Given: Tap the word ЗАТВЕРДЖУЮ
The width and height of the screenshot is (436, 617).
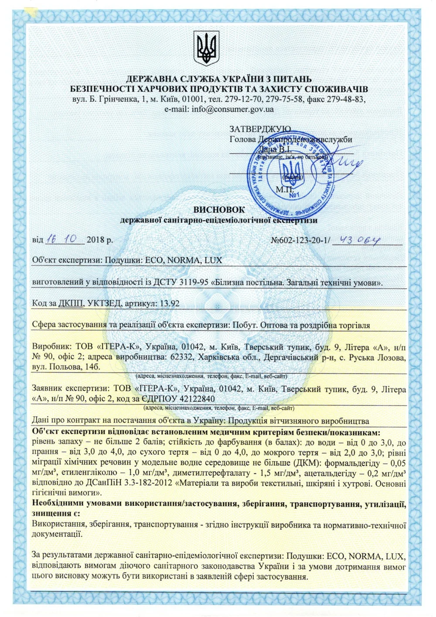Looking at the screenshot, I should click(260, 129).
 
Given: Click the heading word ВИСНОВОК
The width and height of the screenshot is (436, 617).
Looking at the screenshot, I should click(219, 210).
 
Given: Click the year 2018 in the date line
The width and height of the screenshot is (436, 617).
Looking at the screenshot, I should click(95, 240).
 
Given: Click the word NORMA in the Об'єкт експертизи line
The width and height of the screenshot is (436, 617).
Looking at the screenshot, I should click(182, 261).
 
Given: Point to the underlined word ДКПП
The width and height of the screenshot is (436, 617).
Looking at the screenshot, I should click(70, 304).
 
